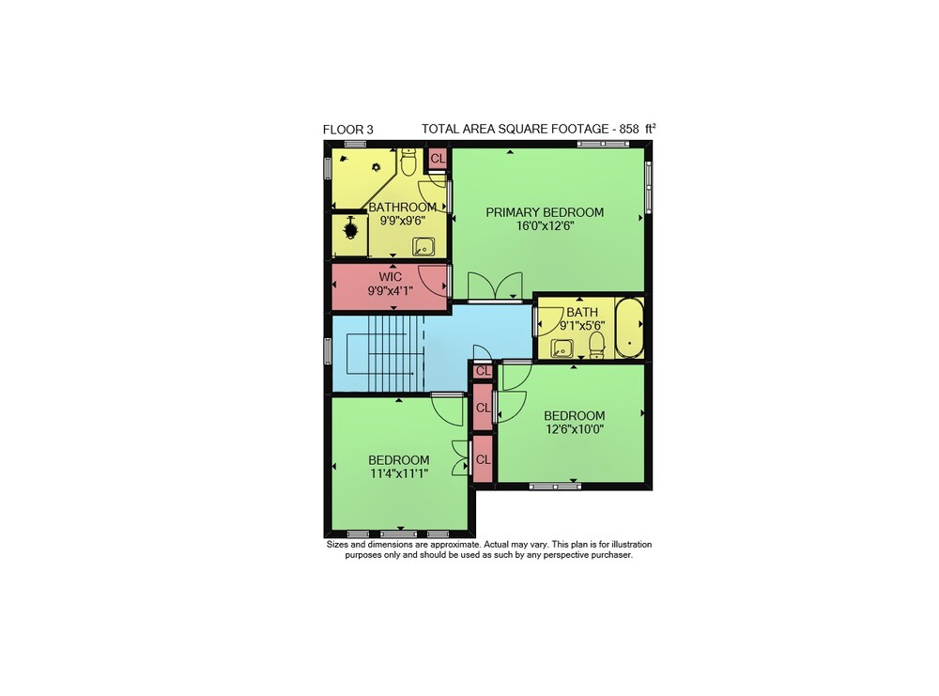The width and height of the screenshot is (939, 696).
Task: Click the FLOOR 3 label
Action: click(348, 130)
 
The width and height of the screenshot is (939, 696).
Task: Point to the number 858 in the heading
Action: click(629, 129)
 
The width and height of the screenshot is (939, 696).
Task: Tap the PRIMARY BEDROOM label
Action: click(545, 212)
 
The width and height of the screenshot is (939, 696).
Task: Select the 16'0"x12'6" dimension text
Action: click(545, 225)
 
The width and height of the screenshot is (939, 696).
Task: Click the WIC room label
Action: click(390, 277)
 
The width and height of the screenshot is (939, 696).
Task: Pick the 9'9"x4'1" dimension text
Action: click(390, 291)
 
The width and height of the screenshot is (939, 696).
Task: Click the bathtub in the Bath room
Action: click(629, 328)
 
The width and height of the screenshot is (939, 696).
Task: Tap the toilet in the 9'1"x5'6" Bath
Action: click(596, 345)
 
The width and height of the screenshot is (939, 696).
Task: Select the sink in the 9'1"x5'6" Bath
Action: click(562, 348)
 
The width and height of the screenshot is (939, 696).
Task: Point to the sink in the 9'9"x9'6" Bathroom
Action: click(423, 246)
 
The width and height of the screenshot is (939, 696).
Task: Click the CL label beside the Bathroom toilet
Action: click(438, 159)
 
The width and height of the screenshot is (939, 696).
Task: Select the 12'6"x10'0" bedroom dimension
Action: click(575, 429)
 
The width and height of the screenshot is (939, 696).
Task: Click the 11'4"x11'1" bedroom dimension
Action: click(399, 473)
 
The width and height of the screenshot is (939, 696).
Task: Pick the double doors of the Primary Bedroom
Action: click(495, 286)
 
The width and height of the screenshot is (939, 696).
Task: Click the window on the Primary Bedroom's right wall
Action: click(648, 186)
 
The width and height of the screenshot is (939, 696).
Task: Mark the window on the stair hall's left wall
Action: click(328, 350)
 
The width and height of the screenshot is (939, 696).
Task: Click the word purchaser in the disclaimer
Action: click(611, 555)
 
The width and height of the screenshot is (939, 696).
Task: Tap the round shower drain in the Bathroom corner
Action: click(377, 167)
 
